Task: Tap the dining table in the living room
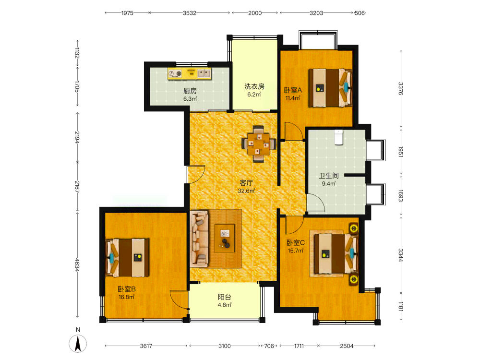(x=259, y=144)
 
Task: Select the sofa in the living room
(x=199, y=239)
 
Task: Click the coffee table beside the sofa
(x=225, y=239)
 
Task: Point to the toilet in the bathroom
(x=338, y=137)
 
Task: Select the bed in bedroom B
(x=127, y=258)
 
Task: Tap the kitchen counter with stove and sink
(x=190, y=74)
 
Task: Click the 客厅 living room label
(x=246, y=183)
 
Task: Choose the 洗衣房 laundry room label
(x=254, y=86)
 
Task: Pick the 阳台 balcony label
(x=224, y=297)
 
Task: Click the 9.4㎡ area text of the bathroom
(x=329, y=184)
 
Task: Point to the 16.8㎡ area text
(x=126, y=297)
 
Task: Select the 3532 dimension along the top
(x=190, y=13)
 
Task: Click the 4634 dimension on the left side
(x=77, y=265)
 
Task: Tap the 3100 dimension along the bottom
(x=224, y=346)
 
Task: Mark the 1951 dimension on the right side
(x=401, y=152)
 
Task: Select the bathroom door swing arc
(x=316, y=203)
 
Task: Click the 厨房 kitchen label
(x=190, y=91)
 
